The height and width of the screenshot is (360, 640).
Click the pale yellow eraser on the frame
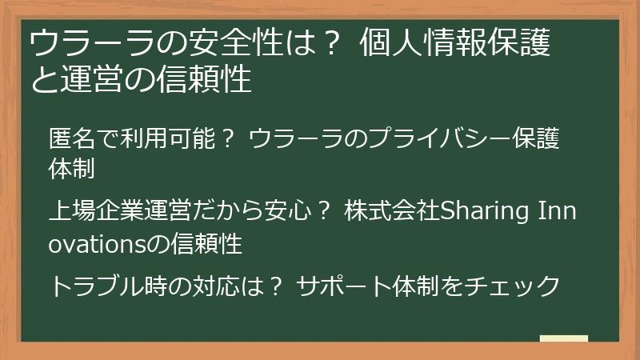[563, 339]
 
